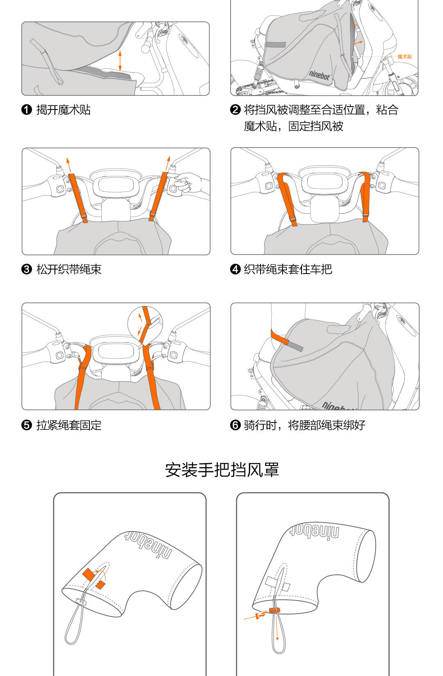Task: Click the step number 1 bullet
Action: (27, 110)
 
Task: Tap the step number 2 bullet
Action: (235, 110)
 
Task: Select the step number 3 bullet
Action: (27, 269)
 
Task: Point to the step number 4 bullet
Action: (235, 269)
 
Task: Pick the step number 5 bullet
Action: (27, 425)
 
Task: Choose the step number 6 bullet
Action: (235, 425)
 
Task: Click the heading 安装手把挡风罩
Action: (222, 470)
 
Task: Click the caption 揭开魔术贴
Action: (64, 110)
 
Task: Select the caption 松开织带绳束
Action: (69, 269)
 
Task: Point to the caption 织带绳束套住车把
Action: (288, 269)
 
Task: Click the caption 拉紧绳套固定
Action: (69, 425)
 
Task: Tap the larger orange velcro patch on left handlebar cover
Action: (88, 574)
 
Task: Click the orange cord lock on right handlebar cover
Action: (274, 610)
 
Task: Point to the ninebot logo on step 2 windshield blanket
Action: (320, 76)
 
